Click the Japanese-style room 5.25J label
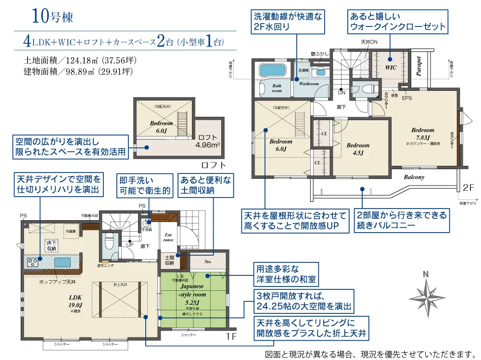coord(192,294)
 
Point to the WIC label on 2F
coord(391,68)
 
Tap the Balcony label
coord(414,177)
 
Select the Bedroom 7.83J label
coord(422,133)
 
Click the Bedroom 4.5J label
coord(358,149)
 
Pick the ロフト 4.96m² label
coord(208,140)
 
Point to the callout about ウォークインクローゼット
coord(397,22)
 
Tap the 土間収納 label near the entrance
coord(169,260)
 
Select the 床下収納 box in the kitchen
coord(51,246)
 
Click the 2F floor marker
coord(468,187)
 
